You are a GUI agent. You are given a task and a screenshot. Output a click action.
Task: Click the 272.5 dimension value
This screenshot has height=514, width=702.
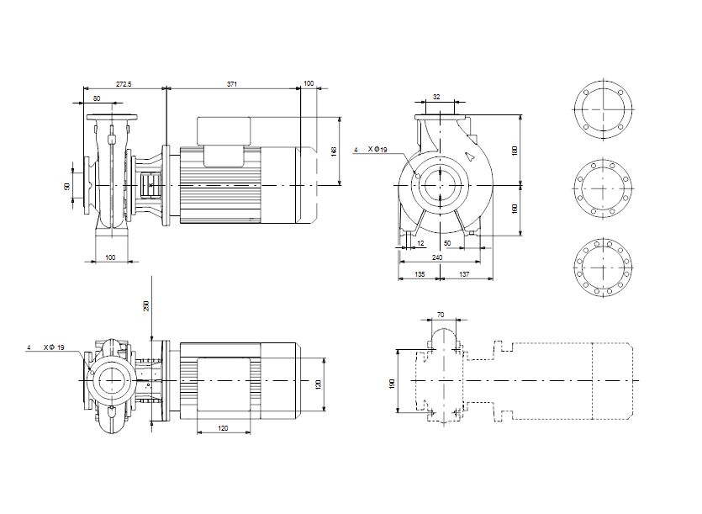[x=124, y=84]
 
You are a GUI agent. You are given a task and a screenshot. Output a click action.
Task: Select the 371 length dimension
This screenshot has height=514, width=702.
[x=232, y=84]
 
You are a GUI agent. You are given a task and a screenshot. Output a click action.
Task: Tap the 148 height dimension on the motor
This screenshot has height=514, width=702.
[x=334, y=151]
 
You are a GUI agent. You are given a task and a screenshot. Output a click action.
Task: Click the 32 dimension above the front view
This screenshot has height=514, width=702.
[x=436, y=98]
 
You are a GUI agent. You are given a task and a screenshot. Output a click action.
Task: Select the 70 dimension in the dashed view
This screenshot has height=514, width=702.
[x=441, y=315]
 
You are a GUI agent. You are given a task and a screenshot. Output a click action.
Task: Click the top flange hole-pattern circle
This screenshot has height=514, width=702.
[x=602, y=110]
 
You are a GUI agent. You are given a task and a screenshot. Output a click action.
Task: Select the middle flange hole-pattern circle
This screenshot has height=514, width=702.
[x=602, y=188]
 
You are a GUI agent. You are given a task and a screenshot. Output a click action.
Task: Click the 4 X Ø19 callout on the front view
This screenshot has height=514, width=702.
[x=371, y=150]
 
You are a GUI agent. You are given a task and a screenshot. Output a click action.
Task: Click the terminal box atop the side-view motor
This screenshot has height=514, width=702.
[x=224, y=129]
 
